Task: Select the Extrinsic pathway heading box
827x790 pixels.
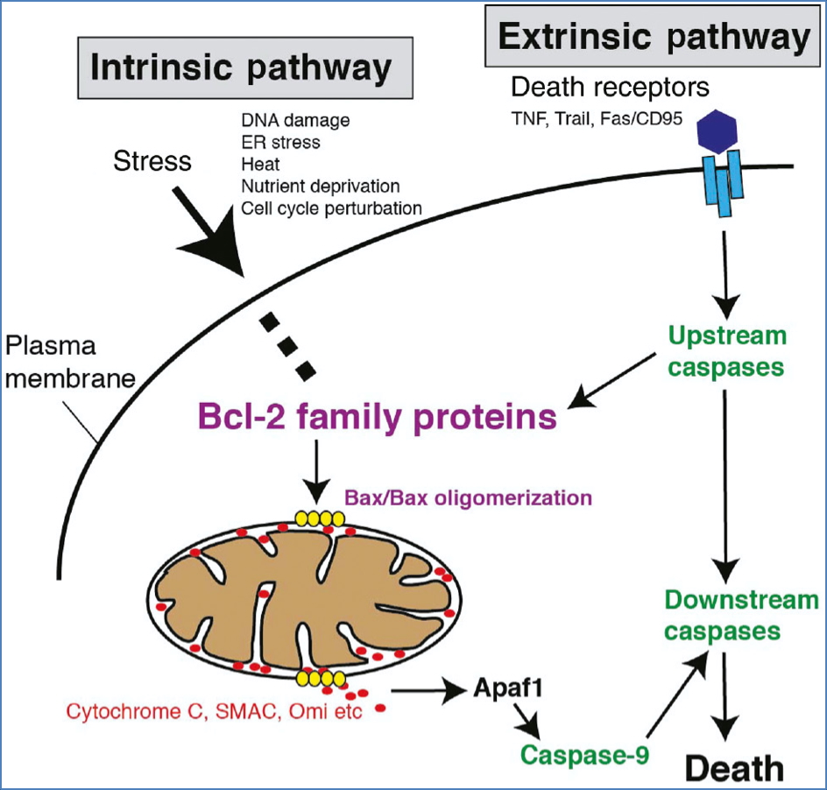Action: pyautogui.click(x=654, y=38)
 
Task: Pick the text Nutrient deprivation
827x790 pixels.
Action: pyautogui.click(x=320, y=187)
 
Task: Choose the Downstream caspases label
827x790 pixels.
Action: pyautogui.click(x=741, y=615)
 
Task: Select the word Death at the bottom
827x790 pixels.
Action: pyautogui.click(x=733, y=767)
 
